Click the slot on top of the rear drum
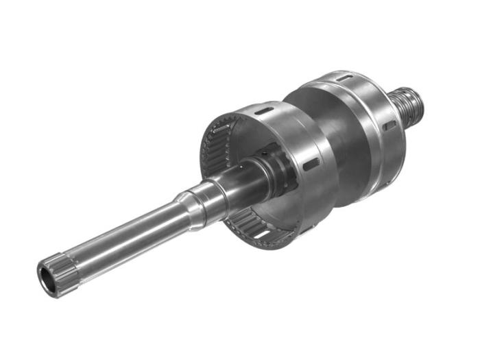coord(342,79)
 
